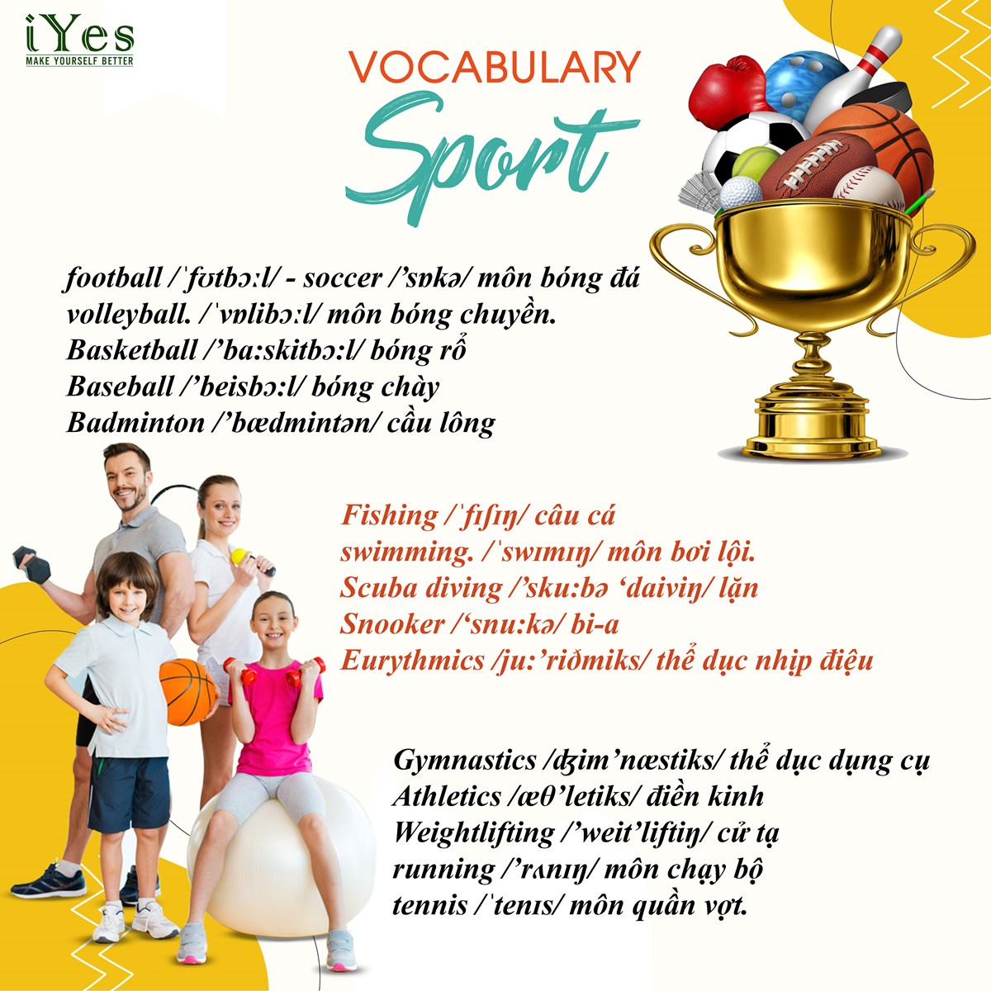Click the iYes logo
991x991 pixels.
coord(80,40)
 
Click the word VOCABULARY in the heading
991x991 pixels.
coord(494,67)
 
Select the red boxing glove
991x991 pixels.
coord(727,92)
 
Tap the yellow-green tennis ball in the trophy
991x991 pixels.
coord(755,164)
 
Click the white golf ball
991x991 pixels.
coord(741,193)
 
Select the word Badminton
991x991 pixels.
coord(135,423)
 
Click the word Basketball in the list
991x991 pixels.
coord(131,351)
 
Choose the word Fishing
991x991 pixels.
coord(389,516)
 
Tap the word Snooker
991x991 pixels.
coord(392,624)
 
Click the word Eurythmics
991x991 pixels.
coord(412,661)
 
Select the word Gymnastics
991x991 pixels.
coord(464,761)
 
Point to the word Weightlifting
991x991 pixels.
coord(473,832)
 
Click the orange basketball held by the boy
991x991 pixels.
coord(188,692)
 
